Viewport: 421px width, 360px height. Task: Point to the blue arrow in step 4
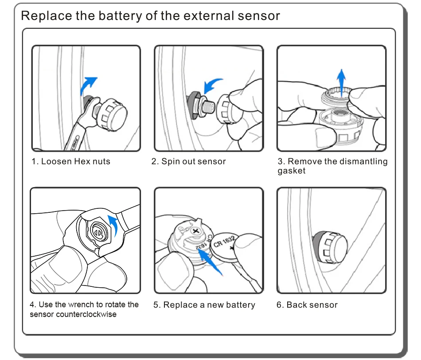point(115,226)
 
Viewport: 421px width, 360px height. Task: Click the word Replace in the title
point(46,16)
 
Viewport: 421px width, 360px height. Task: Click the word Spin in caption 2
point(170,161)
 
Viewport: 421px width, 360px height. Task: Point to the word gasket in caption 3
point(292,171)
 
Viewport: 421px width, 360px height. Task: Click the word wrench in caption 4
point(81,305)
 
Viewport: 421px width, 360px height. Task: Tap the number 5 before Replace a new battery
point(156,305)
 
